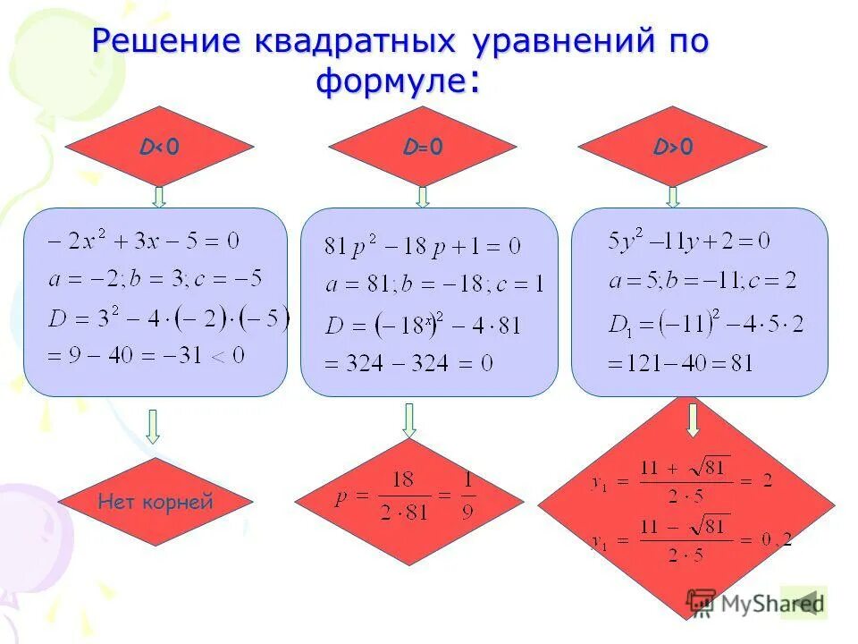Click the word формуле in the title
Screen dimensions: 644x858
[390, 83]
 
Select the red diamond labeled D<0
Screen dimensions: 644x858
[159, 146]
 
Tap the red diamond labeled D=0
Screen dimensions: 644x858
[423, 146]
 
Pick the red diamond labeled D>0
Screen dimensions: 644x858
[673, 146]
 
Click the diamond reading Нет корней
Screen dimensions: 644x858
[156, 502]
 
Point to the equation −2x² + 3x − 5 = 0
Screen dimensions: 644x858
[145, 241]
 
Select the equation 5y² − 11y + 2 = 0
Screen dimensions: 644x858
[688, 241]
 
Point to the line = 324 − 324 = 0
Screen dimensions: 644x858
[408, 362]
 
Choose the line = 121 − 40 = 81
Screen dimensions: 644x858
[680, 363]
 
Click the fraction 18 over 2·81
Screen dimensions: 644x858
[402, 497]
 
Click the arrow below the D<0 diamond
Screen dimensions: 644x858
[158, 197]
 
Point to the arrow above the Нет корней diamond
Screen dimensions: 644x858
[153, 427]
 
